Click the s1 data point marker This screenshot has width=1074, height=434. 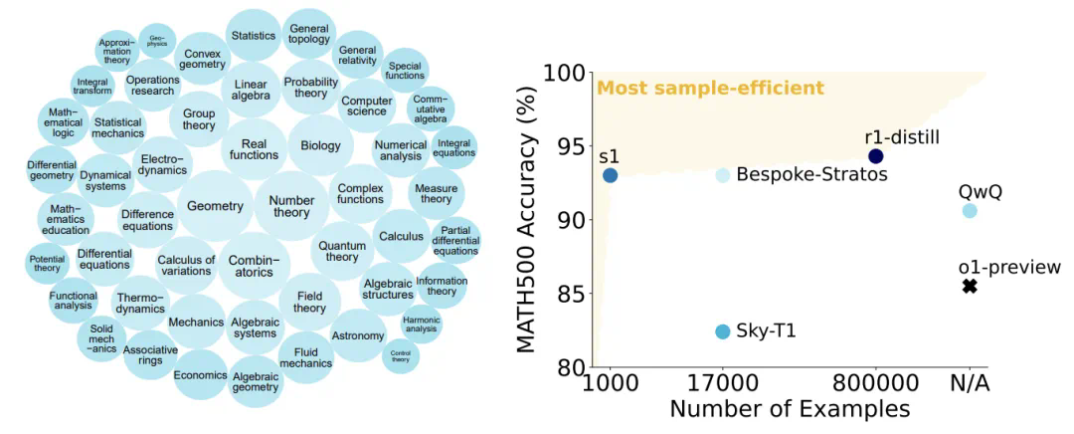(610, 175)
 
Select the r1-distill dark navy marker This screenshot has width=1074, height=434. (875, 156)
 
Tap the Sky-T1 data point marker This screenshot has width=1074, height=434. (723, 331)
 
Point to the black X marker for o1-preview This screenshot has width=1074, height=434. (970, 287)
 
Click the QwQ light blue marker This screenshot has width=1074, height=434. (970, 211)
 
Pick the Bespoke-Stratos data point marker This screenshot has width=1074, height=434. (723, 175)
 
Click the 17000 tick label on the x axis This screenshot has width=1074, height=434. (723, 383)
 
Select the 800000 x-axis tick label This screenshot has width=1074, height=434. (875, 383)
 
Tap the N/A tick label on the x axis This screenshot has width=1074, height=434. (970, 383)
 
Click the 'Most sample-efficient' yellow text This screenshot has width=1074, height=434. (710, 90)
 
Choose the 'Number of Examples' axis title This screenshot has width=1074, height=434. (790, 409)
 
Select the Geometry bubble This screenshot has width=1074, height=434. (215, 206)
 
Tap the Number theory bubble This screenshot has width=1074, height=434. (290, 205)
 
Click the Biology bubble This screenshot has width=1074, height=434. (320, 146)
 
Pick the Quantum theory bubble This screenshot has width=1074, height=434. (342, 250)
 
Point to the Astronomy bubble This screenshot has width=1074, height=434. (358, 335)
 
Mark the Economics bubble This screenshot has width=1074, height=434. (201, 375)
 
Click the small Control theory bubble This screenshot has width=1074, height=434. (401, 355)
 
